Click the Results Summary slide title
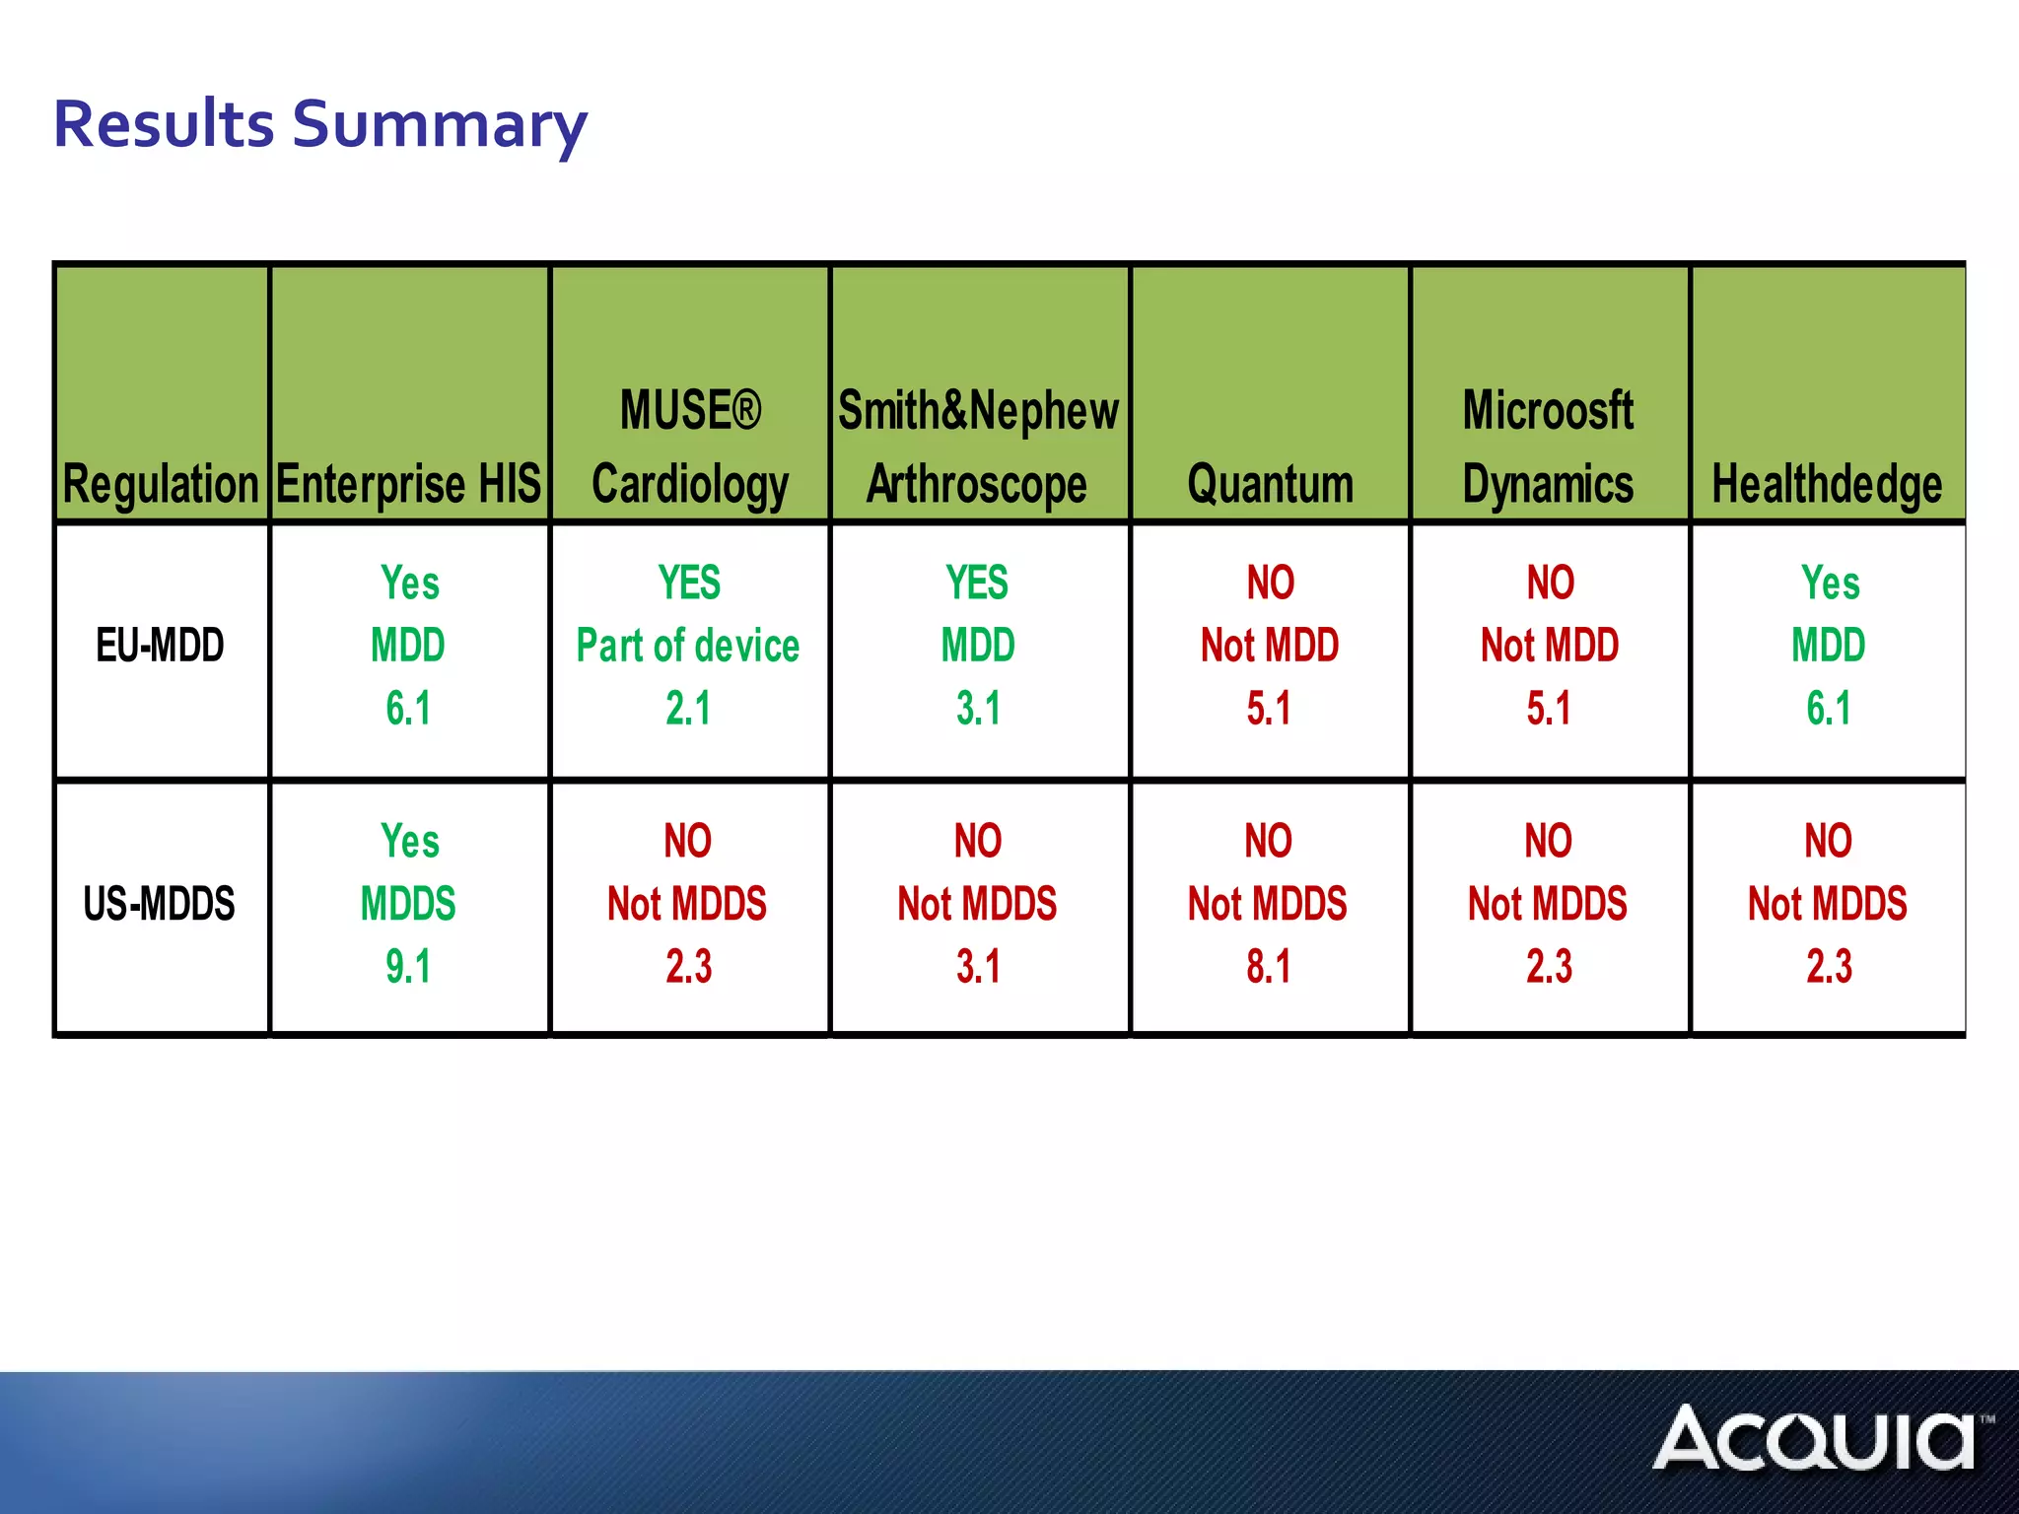(x=320, y=125)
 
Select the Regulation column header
(x=161, y=484)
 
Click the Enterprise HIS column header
(x=409, y=484)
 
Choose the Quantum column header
(x=1270, y=484)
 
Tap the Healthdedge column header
(x=1827, y=484)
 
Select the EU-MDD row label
(x=161, y=646)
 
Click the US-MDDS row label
(x=160, y=904)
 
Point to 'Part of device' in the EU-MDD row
(x=688, y=646)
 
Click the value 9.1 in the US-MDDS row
(x=408, y=966)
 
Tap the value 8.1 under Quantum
(x=1268, y=966)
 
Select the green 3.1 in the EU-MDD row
(x=978, y=708)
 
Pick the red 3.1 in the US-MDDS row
(x=978, y=966)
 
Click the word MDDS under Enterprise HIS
(x=408, y=904)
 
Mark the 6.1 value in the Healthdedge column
(x=1829, y=708)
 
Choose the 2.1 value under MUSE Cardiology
(x=688, y=708)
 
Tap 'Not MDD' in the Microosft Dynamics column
(x=1550, y=646)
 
